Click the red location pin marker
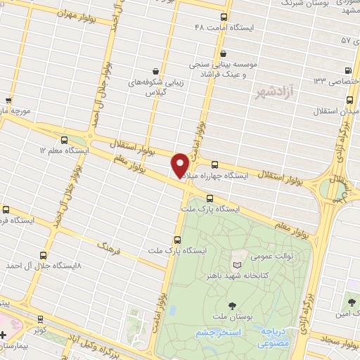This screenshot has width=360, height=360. [181, 165]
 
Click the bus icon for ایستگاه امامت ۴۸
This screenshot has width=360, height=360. [224, 17]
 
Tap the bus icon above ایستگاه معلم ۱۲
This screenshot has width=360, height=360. [65, 139]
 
